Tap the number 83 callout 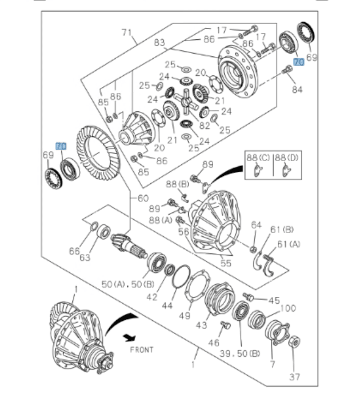tap(159, 42)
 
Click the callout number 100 tap(288, 308)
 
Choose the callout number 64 tap(256, 224)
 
